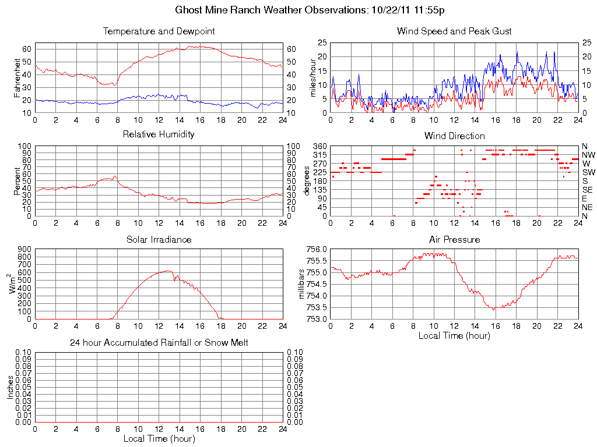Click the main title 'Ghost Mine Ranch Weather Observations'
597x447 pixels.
pyautogui.click(x=272, y=10)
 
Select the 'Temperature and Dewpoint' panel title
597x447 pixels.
pyautogui.click(x=159, y=31)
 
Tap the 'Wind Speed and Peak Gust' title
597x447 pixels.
pyautogui.click(x=454, y=31)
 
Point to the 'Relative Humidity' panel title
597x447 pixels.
pyautogui.click(x=159, y=135)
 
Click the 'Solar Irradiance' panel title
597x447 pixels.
pyautogui.click(x=159, y=239)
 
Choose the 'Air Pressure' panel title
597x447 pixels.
pyautogui.click(x=454, y=239)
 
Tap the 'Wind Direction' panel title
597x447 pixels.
pyautogui.click(x=454, y=136)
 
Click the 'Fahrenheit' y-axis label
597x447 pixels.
pyautogui.click(x=17, y=77)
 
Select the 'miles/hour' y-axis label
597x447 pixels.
pyautogui.click(x=312, y=77)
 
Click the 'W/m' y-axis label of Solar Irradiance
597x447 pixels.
pyautogui.click(x=13, y=283)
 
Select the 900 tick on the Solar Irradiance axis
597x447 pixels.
pyautogui.click(x=24, y=249)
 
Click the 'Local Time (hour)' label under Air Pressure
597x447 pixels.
pyautogui.click(x=454, y=335)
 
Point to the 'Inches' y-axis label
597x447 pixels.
pyautogui.click(x=10, y=387)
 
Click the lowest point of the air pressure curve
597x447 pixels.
pyautogui.click(x=494, y=310)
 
